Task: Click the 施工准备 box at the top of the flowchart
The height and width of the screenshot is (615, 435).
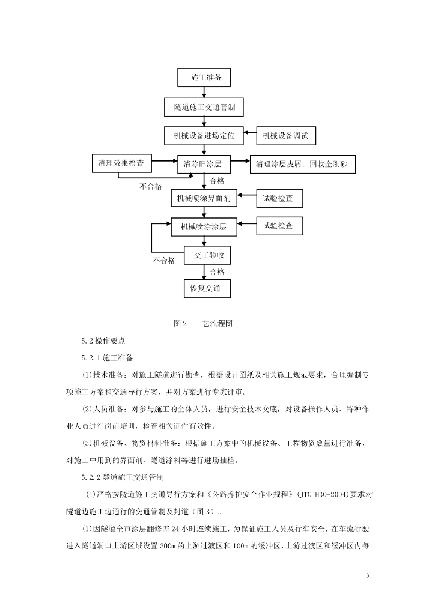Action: pos(205,77)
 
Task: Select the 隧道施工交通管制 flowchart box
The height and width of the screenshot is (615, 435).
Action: pos(204,107)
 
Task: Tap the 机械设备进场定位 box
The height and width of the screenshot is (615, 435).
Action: pos(204,136)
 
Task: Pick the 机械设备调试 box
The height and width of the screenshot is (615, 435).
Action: pos(286,136)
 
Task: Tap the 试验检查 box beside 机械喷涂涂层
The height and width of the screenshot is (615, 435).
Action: pos(280,226)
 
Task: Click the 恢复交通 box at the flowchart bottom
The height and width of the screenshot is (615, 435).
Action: pos(205,288)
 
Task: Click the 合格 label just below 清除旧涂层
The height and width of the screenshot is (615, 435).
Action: pos(216,180)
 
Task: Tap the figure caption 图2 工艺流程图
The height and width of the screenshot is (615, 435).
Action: pos(202,323)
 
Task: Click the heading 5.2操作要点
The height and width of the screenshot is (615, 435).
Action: pos(103,341)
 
